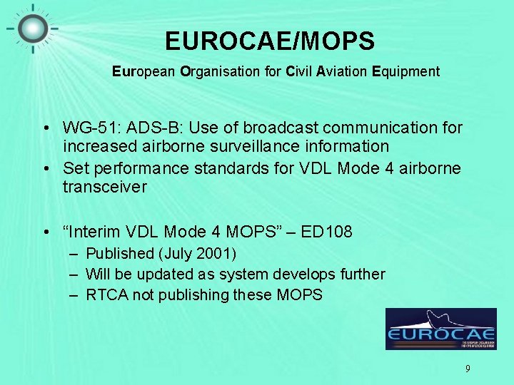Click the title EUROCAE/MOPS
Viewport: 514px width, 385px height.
(269, 41)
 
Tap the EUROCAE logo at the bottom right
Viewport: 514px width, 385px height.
(440, 329)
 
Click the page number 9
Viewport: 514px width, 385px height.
(468, 369)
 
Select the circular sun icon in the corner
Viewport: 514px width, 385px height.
(32, 28)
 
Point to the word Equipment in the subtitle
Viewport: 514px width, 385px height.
(405, 71)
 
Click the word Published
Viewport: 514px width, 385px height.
(120, 253)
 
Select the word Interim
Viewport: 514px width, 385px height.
(98, 232)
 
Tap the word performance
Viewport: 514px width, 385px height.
(133, 168)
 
